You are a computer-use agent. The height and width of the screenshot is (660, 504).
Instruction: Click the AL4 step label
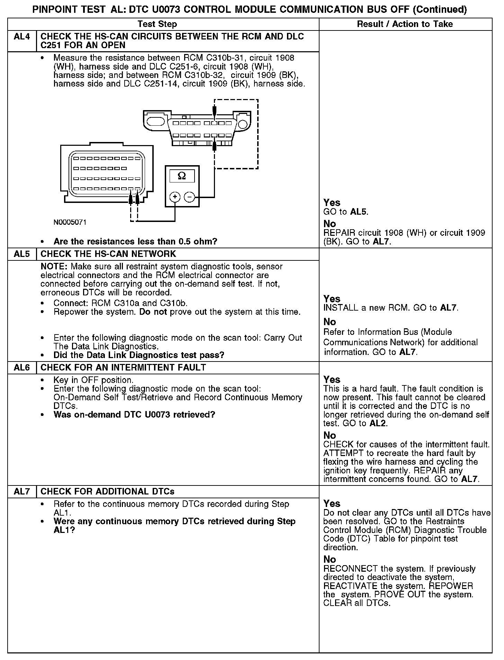pyautogui.click(x=21, y=37)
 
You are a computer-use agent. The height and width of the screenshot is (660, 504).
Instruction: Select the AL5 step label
pyautogui.click(x=21, y=254)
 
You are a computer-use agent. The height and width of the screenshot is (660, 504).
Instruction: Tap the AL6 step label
pyautogui.click(x=21, y=367)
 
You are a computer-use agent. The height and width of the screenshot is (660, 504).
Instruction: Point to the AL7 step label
pyautogui.click(x=21, y=491)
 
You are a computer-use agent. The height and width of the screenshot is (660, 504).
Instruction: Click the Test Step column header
pyautogui.click(x=157, y=24)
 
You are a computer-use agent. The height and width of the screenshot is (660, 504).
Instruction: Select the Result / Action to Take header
pyautogui.click(x=405, y=24)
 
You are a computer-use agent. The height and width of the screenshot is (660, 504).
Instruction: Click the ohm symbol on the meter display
pyautogui.click(x=182, y=176)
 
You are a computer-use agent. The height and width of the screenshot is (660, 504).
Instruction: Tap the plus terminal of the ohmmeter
pyautogui.click(x=175, y=197)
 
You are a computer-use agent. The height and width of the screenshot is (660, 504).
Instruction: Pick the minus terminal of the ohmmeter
pyautogui.click(x=189, y=197)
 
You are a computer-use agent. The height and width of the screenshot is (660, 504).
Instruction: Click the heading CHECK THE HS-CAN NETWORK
pyautogui.click(x=108, y=254)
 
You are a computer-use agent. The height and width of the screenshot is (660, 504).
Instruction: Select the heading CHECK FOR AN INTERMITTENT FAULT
pyautogui.click(x=123, y=367)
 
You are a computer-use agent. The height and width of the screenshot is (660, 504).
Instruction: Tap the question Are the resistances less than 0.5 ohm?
pyautogui.click(x=135, y=241)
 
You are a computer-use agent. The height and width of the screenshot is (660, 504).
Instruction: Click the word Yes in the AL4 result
pyautogui.click(x=332, y=203)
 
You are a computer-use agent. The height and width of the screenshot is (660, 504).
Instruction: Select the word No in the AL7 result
pyautogui.click(x=330, y=559)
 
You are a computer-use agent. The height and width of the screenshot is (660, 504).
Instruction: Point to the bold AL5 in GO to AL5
pyautogui.click(x=358, y=212)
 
